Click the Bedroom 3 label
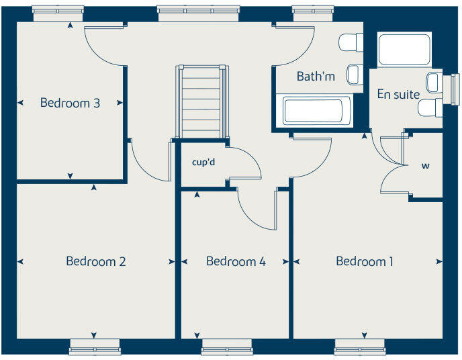[x=70, y=103]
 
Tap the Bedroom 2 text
[x=95, y=261]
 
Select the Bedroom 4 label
[x=236, y=261]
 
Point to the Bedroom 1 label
[x=365, y=261]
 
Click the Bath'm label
[x=316, y=77]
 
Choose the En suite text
[x=398, y=95]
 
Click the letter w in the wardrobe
[x=425, y=165]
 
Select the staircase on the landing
[x=201, y=101]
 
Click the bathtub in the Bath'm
[x=314, y=111]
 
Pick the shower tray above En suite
[x=404, y=49]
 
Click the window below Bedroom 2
[x=95, y=347]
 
